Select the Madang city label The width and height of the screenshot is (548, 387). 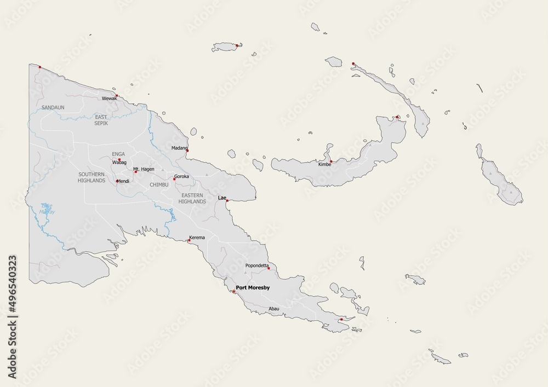point(179,148)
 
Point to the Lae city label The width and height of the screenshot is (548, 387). point(222,197)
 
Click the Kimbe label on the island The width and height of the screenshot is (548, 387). point(324,165)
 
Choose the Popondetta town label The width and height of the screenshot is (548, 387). point(256,265)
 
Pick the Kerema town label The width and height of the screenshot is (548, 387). point(197,238)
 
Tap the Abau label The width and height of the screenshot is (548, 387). point(274,309)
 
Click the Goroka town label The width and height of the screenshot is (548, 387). point(181,177)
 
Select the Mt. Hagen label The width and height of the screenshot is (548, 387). point(144,169)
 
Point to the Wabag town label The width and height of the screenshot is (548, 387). point(119,163)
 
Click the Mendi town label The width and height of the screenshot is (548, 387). point(123,181)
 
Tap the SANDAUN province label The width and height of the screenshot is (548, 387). point(53,108)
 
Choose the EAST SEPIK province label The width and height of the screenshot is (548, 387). point(101,120)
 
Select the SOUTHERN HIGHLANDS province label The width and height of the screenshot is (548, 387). point(92,177)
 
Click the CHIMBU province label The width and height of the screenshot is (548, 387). point(159,185)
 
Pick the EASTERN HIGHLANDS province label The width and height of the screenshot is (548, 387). point(193,198)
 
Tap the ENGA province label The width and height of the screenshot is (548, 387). point(118,154)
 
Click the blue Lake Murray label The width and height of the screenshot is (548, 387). point(48,209)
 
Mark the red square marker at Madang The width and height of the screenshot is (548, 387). point(187,149)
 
